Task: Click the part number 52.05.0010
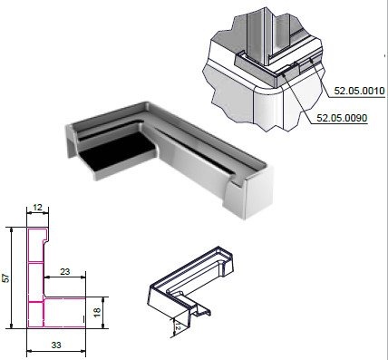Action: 359,91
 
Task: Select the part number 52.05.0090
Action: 342,118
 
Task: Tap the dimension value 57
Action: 6,277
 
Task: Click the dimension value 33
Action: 56,345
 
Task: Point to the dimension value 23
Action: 64,272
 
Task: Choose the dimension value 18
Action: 97,313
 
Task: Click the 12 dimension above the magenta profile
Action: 37,208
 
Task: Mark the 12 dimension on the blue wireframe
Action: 178,326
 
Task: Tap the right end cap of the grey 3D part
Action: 258,193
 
